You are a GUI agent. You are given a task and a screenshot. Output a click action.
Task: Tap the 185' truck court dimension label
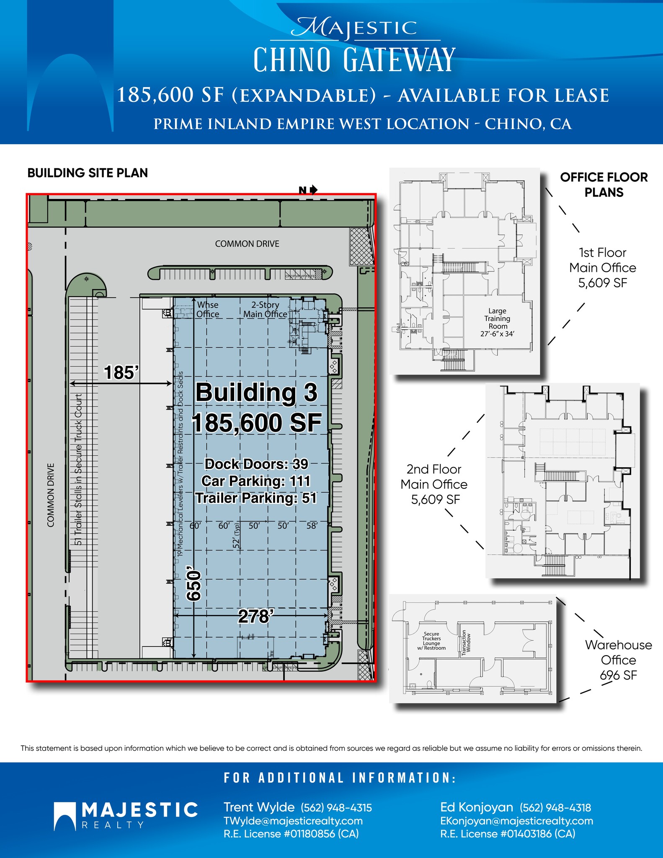coord(121,372)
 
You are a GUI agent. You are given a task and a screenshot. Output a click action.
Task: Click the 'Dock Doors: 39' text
coord(256,464)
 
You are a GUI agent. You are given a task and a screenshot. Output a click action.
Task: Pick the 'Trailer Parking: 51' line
coord(256,498)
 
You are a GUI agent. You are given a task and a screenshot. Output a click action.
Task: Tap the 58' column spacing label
coord(312,525)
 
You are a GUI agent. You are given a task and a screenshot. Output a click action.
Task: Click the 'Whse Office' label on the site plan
coord(208,310)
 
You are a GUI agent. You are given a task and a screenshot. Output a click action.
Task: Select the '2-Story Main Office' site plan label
coord(265,310)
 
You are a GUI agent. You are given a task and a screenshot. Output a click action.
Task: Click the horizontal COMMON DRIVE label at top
coord(247,244)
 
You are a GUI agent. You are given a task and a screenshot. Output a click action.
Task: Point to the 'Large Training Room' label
coord(497,322)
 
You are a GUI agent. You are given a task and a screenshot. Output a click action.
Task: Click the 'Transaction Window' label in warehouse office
coord(466,641)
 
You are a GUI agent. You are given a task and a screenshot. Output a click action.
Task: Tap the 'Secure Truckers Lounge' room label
coord(431,641)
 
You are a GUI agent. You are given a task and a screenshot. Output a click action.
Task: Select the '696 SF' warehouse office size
coord(618,675)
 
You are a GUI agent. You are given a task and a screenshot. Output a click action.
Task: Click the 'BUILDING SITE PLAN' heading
coord(88,173)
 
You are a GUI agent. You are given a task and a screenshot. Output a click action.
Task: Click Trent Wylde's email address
coord(293,821)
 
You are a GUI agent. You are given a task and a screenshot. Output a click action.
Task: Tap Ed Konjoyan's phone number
coord(555,807)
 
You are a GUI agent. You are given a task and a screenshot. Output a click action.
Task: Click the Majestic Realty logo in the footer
coord(126,815)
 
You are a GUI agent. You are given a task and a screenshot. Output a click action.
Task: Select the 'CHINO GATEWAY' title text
coord(354,60)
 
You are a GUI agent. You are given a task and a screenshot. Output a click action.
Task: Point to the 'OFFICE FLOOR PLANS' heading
coord(604,185)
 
